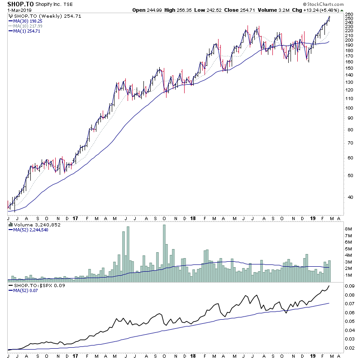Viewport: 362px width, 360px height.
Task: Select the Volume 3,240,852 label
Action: (34, 224)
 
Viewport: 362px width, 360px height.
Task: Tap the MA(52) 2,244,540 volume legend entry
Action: (33, 230)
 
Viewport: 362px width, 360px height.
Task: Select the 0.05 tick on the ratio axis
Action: (350, 321)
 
